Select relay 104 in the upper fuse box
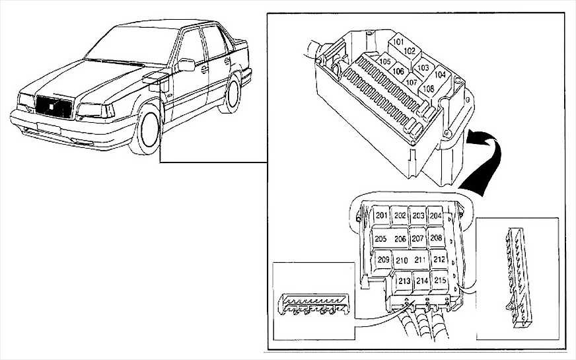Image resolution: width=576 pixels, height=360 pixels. pos(440,75)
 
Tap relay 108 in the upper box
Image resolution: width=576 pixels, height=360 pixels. pos(428,89)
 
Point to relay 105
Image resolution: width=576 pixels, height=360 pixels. pos(385,61)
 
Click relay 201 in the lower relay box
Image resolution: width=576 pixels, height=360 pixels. pos(381,216)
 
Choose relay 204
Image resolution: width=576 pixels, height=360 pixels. pos(435,216)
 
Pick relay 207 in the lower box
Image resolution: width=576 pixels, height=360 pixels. pos(417,238)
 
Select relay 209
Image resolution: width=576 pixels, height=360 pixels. pos(384,260)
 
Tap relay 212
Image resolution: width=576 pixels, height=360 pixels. pos(439,260)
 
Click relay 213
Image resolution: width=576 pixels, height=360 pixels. pos(404,281)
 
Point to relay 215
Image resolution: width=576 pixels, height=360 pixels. pos(440,281)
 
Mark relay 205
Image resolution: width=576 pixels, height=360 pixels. pos(380,238)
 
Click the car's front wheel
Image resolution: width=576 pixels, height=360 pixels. pos(146,130)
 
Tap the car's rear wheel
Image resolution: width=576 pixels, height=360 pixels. pos(233,94)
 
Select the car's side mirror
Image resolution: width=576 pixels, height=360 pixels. pos(186,65)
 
